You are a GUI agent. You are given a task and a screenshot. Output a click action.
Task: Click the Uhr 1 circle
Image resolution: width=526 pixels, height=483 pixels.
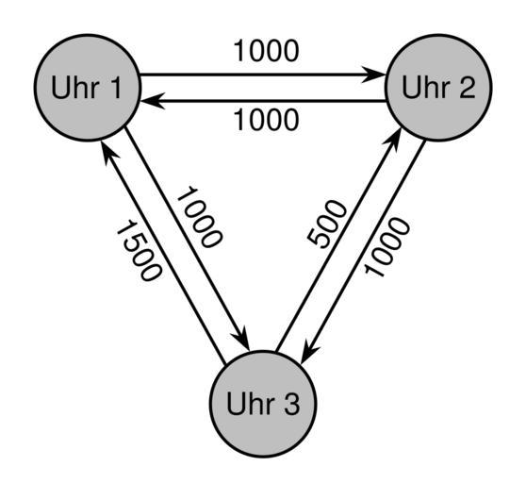pos(88,88)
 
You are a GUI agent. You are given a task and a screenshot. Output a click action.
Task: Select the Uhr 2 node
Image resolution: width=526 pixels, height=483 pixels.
pos(438,88)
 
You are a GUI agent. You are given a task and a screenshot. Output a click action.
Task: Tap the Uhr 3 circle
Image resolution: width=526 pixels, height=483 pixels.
pos(263,404)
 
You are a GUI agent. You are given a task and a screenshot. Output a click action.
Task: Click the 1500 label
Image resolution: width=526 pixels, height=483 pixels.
pos(139,250)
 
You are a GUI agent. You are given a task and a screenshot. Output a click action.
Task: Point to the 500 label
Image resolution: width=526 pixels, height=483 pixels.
pos(327,225)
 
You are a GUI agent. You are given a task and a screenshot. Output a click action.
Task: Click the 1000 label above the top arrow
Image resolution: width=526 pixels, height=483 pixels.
pos(266,51)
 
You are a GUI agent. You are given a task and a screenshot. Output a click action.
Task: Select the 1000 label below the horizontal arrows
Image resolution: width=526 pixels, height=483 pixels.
pos(266,120)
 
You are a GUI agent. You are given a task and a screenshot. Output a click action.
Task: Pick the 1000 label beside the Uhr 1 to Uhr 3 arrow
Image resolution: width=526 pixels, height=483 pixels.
pos(199,217)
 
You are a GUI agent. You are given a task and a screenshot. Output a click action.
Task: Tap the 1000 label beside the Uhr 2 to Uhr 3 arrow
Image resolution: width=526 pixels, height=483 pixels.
pos(387,247)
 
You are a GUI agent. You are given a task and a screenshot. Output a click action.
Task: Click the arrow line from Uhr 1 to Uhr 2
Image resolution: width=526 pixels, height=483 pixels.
pos(263,75)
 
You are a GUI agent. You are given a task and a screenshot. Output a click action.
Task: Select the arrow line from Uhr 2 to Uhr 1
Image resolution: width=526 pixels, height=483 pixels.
pos(263,101)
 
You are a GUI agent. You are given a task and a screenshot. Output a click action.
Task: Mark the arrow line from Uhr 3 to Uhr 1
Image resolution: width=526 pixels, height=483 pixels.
pos(163,252)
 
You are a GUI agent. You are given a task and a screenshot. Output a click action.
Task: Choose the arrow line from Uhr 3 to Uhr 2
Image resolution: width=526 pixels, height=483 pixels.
pos(338,240)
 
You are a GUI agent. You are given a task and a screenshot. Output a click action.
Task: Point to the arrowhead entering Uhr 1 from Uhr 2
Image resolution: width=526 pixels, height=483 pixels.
pos(153,101)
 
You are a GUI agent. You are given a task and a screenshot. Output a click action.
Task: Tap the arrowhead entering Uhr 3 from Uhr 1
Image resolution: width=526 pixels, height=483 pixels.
pos(242,339)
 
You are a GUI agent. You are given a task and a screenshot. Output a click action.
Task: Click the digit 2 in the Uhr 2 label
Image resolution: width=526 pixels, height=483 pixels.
pos(466,87)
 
